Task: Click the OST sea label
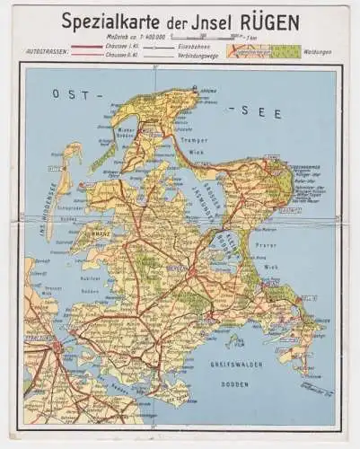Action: click(x=68, y=93)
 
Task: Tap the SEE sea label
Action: click(x=266, y=112)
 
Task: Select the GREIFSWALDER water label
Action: click(x=236, y=363)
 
